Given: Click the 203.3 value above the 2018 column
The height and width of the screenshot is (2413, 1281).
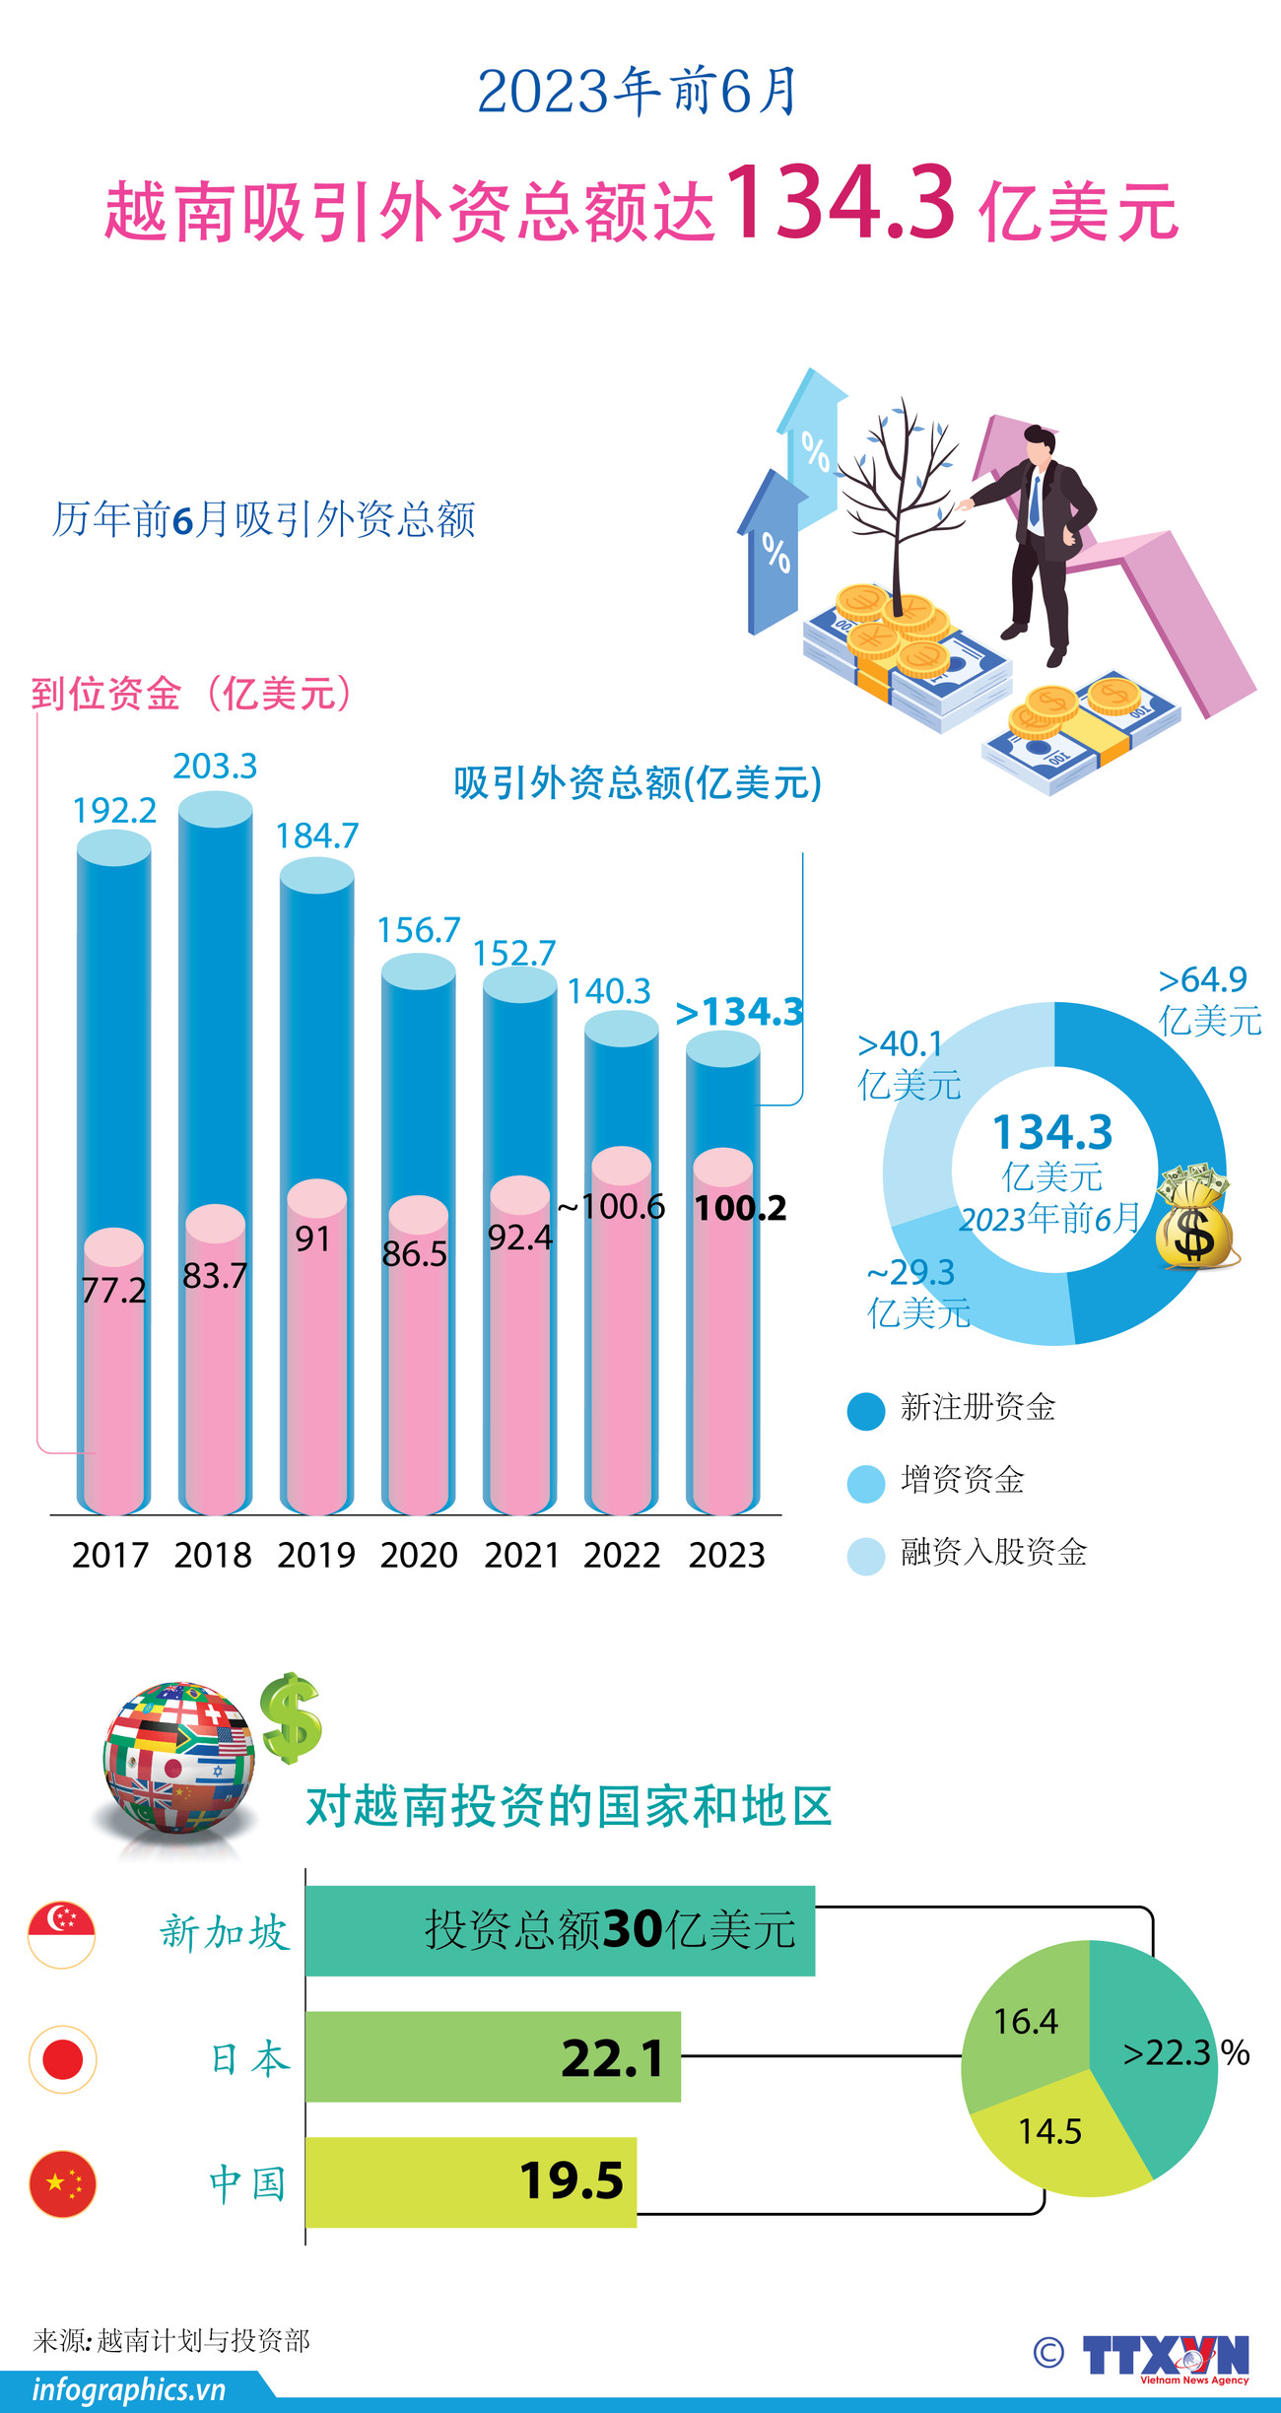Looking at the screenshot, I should [x=215, y=766].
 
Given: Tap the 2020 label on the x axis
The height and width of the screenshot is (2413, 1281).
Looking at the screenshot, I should [x=419, y=1555].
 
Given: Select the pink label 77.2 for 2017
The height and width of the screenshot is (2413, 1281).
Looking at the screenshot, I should [x=113, y=1290].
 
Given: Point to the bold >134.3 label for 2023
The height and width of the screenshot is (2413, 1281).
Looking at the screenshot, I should [x=739, y=1012].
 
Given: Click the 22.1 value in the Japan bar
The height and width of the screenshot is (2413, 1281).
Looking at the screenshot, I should [x=612, y=2058].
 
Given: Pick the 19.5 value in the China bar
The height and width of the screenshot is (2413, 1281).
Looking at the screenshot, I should [x=572, y=2181].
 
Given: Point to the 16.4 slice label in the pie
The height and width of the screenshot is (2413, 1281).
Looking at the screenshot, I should [x=1025, y=2022].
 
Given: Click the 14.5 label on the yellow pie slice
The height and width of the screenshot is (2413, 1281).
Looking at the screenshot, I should [x=1049, y=2131].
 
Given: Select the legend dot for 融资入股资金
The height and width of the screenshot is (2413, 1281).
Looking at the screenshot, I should [x=866, y=1556].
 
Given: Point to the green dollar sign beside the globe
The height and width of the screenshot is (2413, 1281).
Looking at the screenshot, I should [x=291, y=1717].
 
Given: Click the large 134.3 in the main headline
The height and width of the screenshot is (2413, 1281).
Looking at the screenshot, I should [x=841, y=204].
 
